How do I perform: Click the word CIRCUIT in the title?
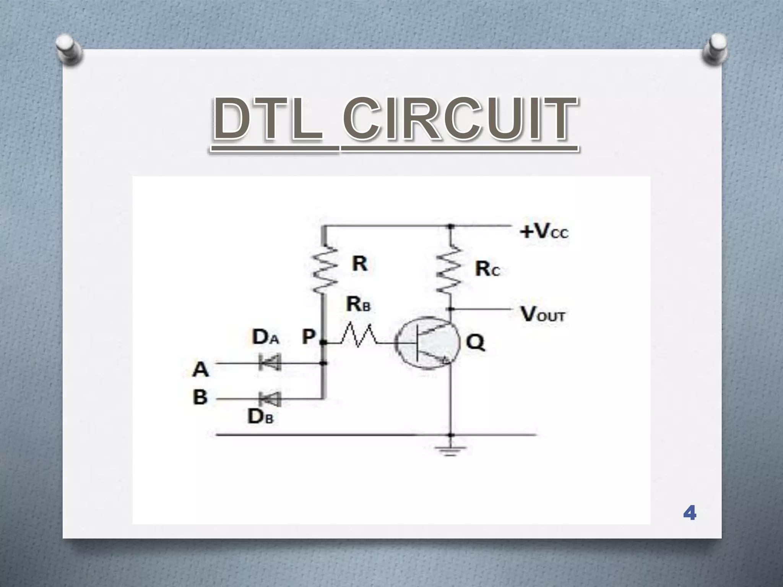click(460, 119)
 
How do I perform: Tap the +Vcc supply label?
click(544, 231)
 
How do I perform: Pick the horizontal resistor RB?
click(357, 336)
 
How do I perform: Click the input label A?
click(201, 369)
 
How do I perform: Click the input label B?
click(200, 397)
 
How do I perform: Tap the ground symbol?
click(451, 451)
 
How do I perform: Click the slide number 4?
click(689, 513)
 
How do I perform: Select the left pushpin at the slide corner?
click(69, 50)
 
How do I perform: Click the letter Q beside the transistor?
click(475, 342)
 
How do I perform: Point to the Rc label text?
click(487, 269)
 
